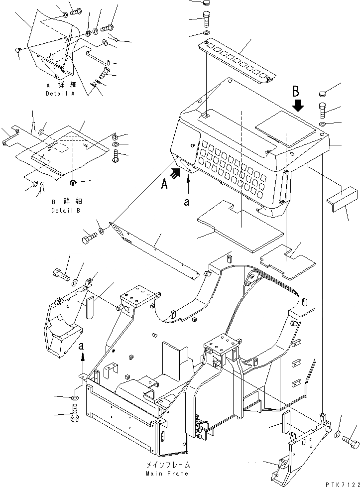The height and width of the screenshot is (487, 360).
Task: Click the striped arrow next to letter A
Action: [175, 173]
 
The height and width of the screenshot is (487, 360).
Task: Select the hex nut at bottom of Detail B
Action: [73, 183]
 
